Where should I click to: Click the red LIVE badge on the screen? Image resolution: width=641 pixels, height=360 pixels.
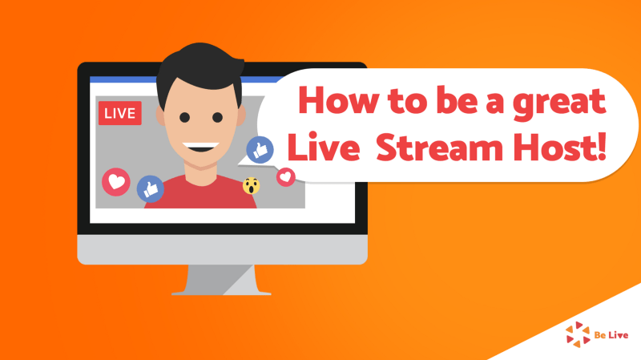pos(119,113)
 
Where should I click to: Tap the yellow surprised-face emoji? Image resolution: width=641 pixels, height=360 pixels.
pos(251,186)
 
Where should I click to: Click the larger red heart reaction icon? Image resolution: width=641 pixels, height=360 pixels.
pos(116,182)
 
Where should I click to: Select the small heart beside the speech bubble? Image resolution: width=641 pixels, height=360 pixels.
pos(286,177)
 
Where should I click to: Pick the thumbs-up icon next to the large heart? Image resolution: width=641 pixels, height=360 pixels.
pos(151,189)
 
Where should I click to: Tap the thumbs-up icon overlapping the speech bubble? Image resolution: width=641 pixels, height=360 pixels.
pos(260,150)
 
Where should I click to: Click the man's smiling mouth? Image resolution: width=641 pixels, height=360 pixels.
pos(201,147)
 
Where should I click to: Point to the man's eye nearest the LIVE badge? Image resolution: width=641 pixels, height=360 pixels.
pos(185,118)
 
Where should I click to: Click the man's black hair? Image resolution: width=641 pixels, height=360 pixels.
pos(199,70)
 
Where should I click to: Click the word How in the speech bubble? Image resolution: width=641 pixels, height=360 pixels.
pos(337,100)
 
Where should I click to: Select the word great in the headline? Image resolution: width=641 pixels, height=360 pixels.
pos(559,103)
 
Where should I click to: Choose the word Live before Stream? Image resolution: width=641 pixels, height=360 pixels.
pos(324,146)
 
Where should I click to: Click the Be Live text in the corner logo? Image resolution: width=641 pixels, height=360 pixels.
pos(611,335)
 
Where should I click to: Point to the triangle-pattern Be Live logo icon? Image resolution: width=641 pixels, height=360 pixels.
pos(578,334)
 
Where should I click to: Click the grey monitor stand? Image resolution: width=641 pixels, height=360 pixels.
pos(221,279)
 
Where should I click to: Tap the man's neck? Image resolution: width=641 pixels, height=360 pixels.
pos(200,174)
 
